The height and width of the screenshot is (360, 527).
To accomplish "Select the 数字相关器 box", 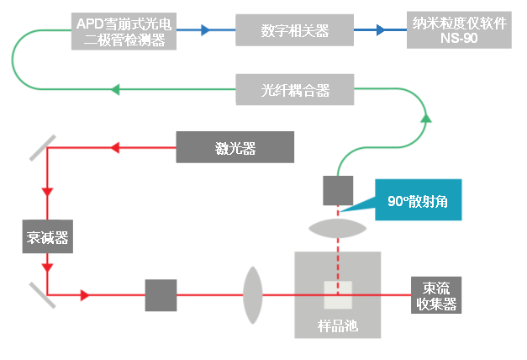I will coord(294,31).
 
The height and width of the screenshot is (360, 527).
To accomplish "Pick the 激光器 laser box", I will coord(235,148).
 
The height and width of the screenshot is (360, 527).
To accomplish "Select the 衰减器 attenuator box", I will coord(46,237).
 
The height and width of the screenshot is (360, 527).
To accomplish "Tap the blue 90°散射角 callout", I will coord(419,202).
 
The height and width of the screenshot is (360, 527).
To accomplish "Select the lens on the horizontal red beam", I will coord(254,295).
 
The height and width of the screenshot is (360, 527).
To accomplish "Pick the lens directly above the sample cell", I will coord(338,226).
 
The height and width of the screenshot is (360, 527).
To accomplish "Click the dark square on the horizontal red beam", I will coord(161,295).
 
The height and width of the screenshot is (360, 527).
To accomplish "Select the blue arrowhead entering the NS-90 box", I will coord(381,31).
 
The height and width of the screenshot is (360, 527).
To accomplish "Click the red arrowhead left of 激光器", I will coord(116,149).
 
